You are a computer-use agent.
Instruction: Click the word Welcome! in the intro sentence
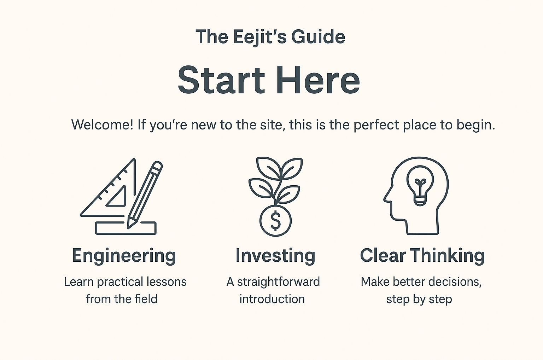point(103,125)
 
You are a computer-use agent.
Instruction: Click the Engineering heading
point(124,256)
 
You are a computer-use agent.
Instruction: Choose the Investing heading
point(275,256)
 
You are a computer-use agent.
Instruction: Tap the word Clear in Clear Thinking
point(383,255)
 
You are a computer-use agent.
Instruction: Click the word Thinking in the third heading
point(448,256)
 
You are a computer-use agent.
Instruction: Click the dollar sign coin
point(275,221)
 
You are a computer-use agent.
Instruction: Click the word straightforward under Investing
point(278,282)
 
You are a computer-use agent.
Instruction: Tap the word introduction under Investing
point(272,299)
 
